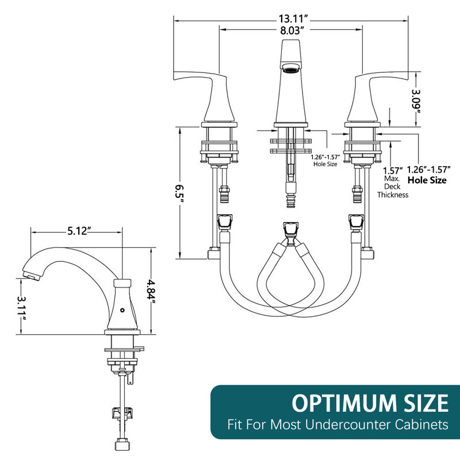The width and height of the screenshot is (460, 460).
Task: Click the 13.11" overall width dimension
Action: (x=293, y=19)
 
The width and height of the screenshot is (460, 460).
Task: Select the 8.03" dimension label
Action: (x=290, y=30)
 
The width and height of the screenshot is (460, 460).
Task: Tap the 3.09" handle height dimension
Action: (x=416, y=103)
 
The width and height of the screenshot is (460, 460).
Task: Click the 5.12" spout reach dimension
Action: (x=78, y=231)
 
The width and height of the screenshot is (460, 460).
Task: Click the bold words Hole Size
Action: (x=427, y=180)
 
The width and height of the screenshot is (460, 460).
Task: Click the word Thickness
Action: (x=393, y=195)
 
